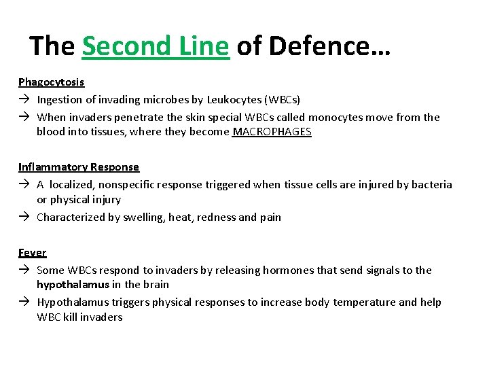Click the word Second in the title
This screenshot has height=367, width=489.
[120, 46]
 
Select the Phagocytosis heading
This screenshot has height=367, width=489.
[52, 82]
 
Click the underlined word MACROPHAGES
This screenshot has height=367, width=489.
[272, 132]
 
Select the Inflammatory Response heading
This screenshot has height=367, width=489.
[79, 167]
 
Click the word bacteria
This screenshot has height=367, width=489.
[429, 185]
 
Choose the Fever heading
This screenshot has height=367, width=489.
[33, 253]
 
